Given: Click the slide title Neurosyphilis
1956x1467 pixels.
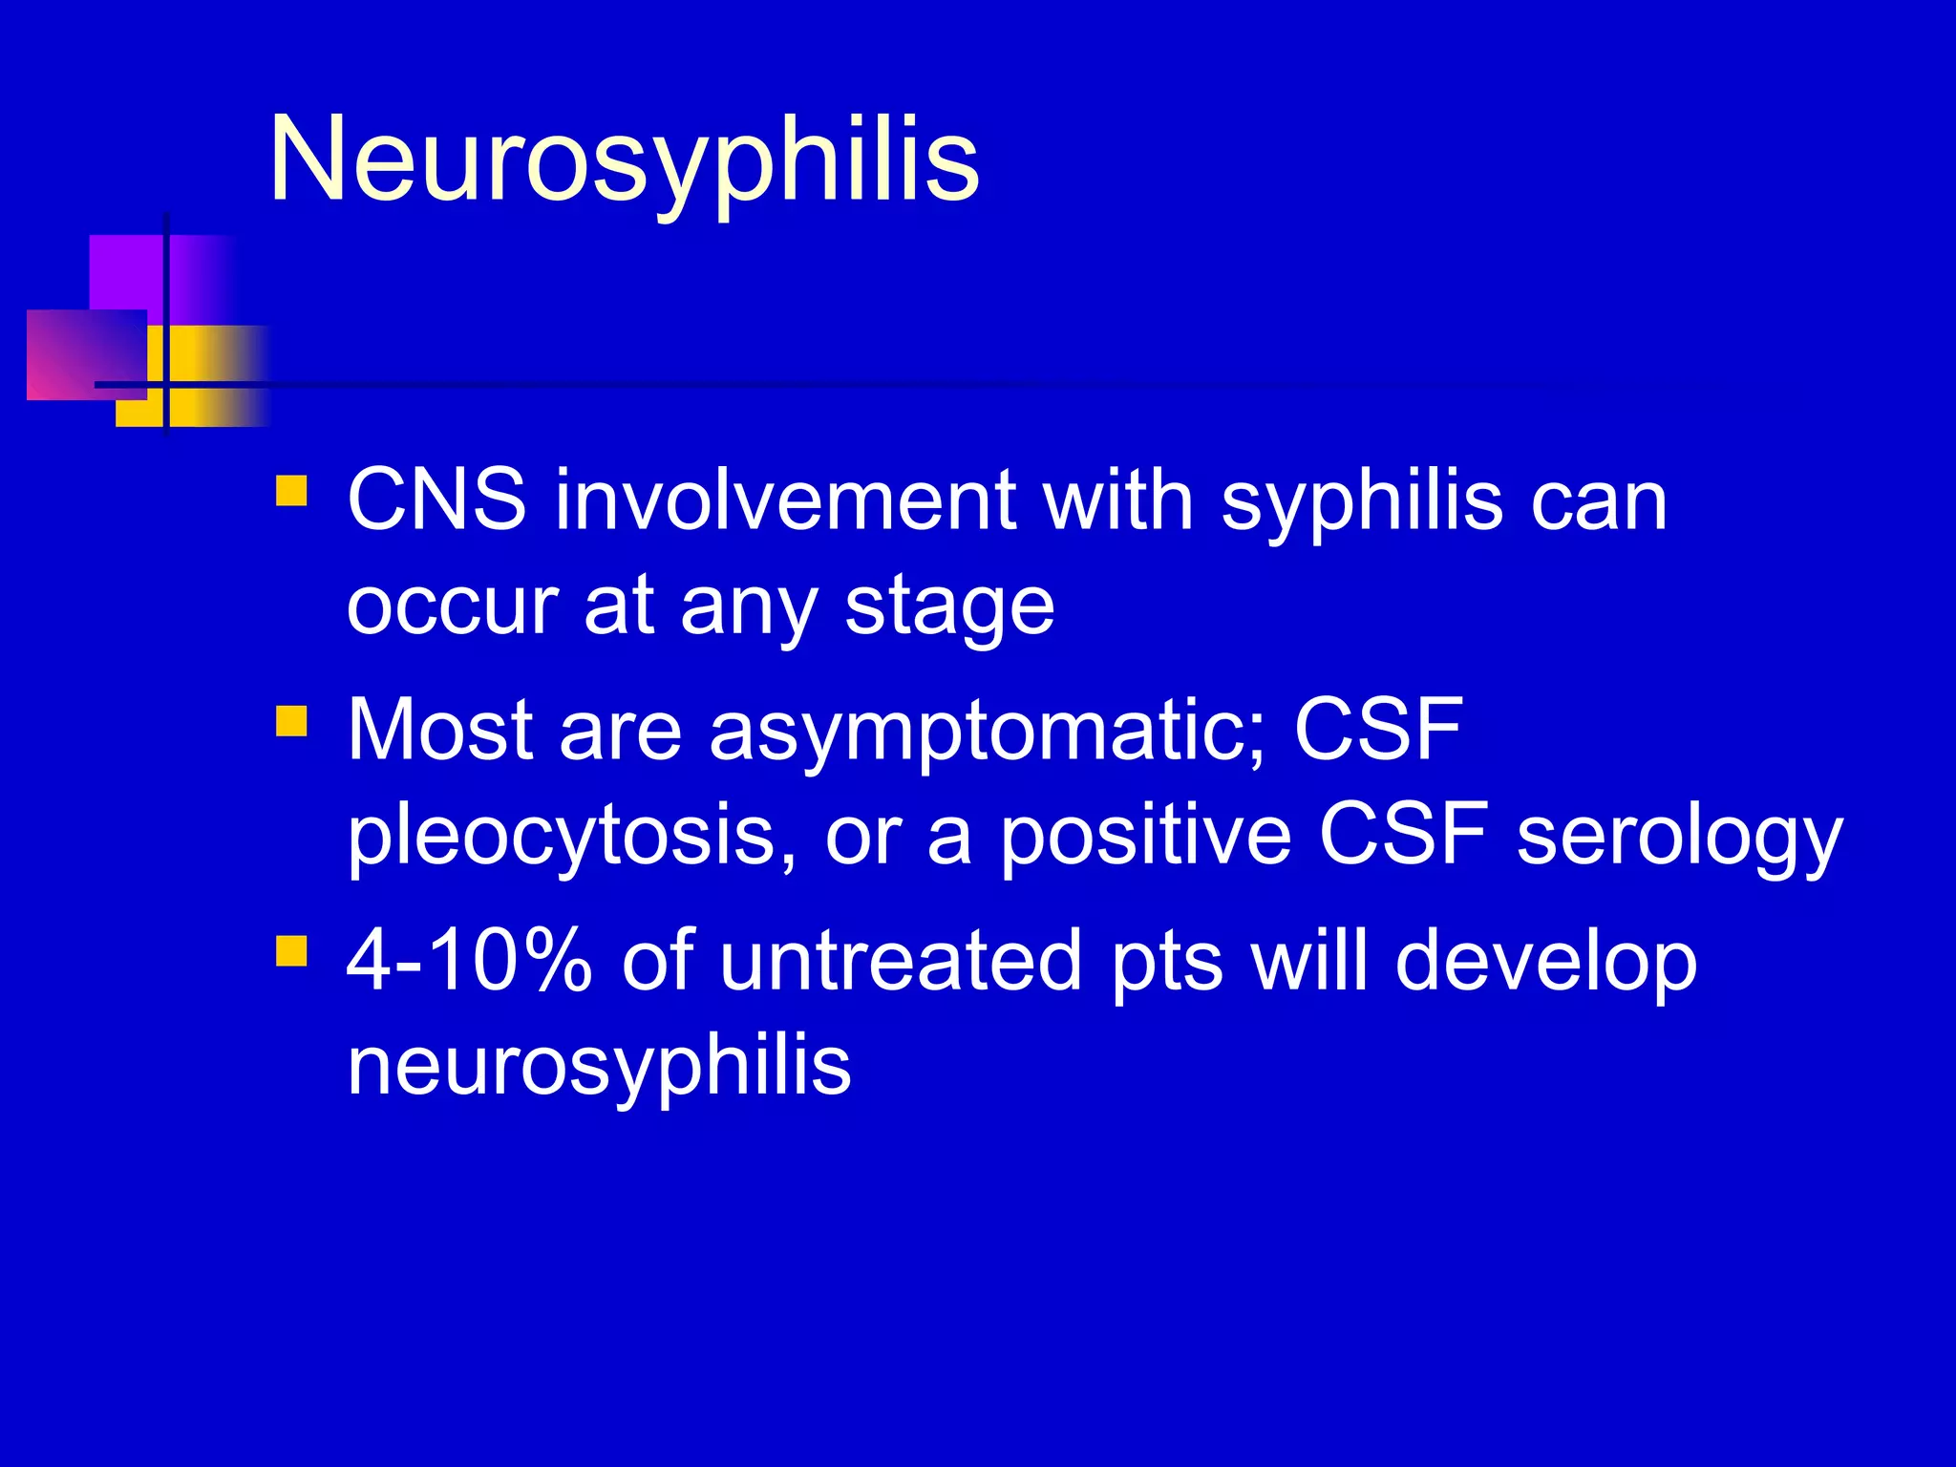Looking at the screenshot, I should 624,160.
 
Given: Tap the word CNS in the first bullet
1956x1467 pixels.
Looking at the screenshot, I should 436,500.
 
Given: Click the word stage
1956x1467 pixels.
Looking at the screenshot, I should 949,607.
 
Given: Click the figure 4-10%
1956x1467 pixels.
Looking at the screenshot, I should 468,961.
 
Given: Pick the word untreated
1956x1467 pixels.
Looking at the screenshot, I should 900,961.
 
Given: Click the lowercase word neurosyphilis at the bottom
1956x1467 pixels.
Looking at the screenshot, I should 599,1068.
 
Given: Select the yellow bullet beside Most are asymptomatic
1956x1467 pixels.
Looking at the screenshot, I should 291,721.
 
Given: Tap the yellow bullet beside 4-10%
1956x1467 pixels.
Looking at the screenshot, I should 291,951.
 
